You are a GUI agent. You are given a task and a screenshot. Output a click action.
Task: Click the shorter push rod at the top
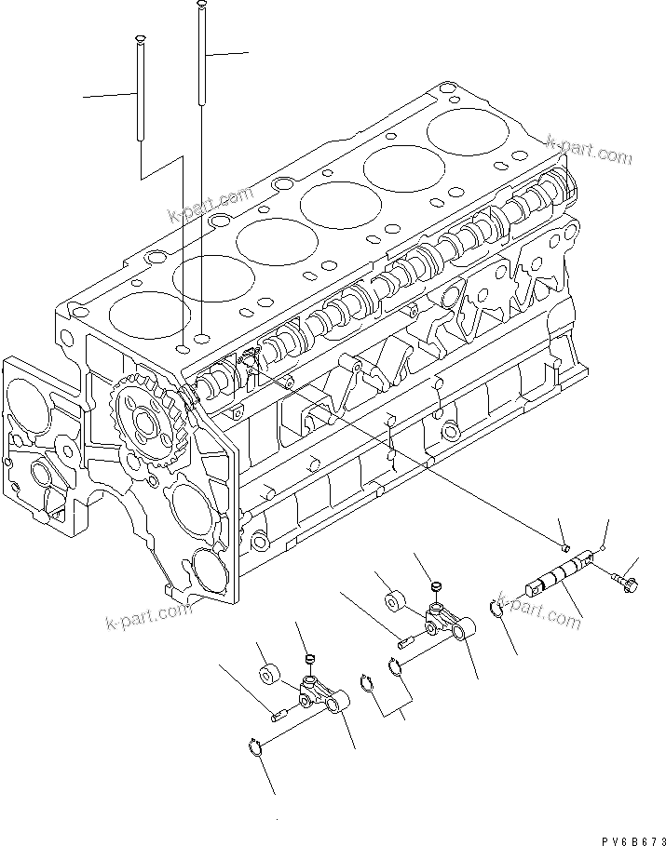click(140, 88)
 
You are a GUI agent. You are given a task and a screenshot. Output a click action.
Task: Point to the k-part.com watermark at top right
click(589, 148)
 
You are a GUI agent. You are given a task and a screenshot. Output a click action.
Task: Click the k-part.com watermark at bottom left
click(147, 616)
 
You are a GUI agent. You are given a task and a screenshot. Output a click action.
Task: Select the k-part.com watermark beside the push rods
click(211, 206)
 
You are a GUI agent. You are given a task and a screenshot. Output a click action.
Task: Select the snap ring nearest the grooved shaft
click(499, 610)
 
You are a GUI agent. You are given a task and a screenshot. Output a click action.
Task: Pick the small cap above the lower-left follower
click(310, 660)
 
